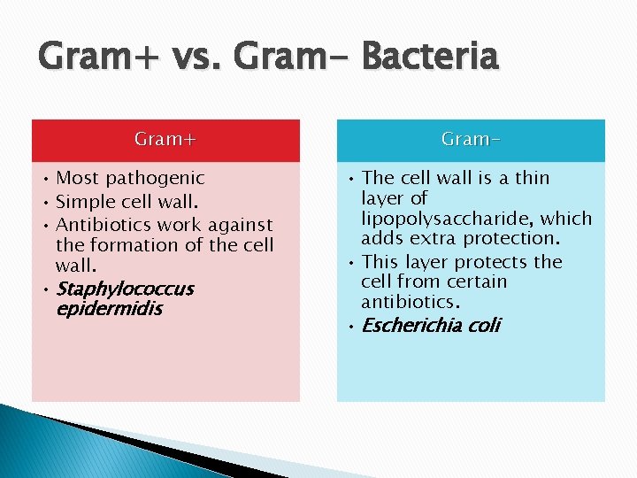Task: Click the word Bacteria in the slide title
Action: click(x=430, y=58)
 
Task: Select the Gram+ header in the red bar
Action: click(x=165, y=140)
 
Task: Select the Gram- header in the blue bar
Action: click(x=471, y=140)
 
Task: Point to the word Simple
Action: click(x=85, y=202)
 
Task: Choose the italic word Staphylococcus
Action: click(x=125, y=289)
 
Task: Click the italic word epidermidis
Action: click(x=109, y=310)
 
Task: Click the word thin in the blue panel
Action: click(x=532, y=178)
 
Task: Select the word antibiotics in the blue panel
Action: click(x=411, y=303)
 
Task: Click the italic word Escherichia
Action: click(x=412, y=326)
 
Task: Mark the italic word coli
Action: click(x=484, y=326)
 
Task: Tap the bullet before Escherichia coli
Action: click(x=349, y=327)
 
